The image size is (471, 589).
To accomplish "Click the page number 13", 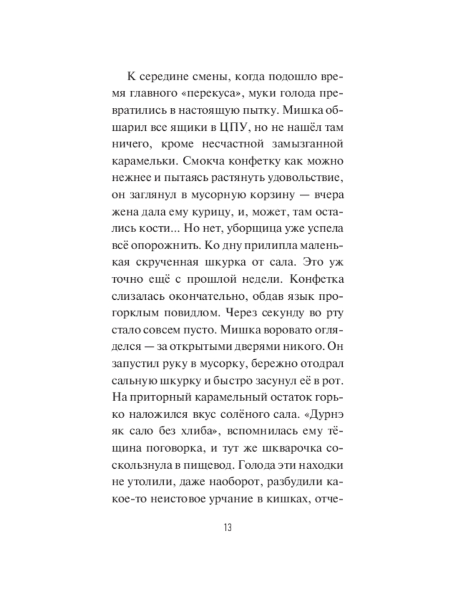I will (227, 527).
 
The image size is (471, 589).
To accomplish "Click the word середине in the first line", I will (167, 77).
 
